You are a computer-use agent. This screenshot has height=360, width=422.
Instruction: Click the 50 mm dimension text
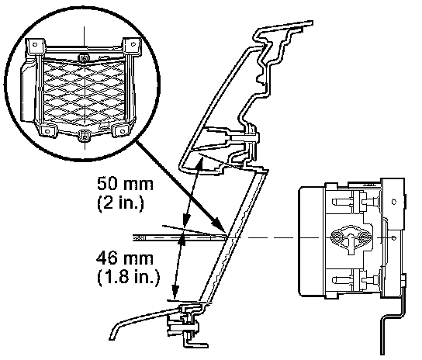point(125,184)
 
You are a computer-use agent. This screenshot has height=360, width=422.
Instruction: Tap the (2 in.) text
point(120,203)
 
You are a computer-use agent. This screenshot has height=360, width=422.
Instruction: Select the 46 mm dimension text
point(125,258)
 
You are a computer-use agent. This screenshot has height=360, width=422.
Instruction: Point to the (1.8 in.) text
point(128,276)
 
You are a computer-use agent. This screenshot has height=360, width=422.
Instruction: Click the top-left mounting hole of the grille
point(35,44)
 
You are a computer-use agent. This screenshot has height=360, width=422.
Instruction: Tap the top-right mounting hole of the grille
point(133,44)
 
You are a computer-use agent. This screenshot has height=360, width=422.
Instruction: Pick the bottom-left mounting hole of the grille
point(47,131)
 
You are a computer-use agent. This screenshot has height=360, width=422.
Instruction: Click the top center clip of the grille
point(83,57)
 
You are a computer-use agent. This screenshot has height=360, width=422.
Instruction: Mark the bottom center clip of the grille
point(85,135)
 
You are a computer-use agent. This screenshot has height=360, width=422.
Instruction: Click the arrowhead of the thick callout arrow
point(219,224)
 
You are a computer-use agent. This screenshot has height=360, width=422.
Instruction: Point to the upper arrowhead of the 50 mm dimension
point(200,162)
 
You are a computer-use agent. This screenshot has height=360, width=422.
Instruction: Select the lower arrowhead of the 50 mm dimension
point(186,220)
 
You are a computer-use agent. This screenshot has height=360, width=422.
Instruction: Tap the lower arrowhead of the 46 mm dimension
point(175,293)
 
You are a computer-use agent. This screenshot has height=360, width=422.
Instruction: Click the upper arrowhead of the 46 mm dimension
point(182,241)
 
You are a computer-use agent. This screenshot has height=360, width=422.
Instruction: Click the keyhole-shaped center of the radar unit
point(351,238)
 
